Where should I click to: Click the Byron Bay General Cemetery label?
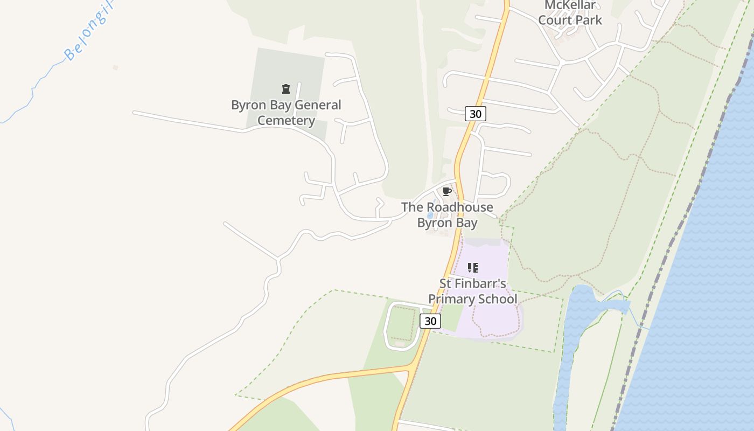tap(286, 113)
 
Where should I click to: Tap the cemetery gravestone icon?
tap(286, 89)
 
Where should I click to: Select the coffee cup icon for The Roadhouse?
tap(446, 191)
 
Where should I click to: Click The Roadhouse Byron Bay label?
tap(447, 214)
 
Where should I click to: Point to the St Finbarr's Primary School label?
tap(473, 291)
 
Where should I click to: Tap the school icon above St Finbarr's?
tap(473, 268)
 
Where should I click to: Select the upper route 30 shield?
tap(475, 114)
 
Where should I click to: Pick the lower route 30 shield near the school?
tap(430, 321)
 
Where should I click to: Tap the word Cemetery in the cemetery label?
tap(286, 121)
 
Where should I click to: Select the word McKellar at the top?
tap(570, 5)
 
